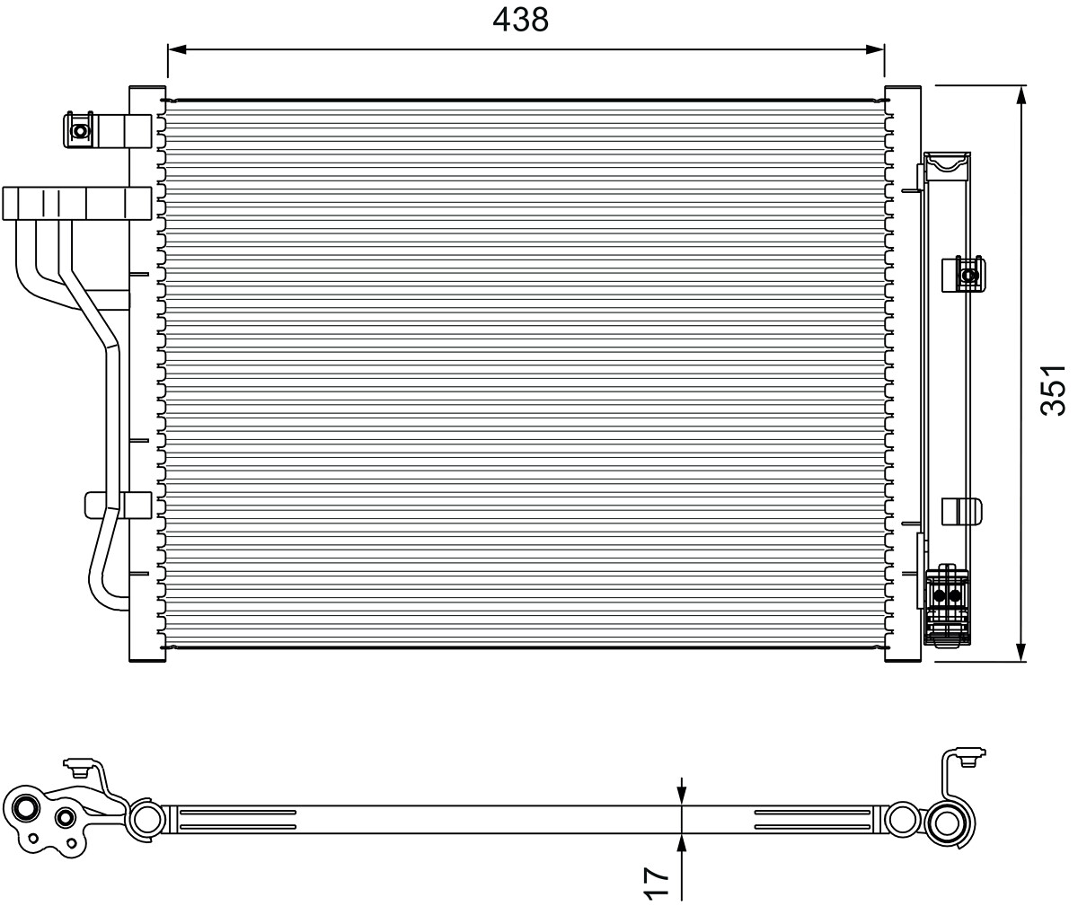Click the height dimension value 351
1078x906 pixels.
point(1052,390)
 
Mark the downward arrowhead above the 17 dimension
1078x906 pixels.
point(682,795)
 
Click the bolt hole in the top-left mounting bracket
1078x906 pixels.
point(80,131)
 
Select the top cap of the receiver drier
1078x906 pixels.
point(947,163)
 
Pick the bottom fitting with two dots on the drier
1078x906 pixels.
point(948,595)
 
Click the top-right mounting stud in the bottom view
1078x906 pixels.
point(968,759)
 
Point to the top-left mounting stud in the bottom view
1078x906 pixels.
point(77,766)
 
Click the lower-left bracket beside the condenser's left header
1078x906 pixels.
point(117,505)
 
